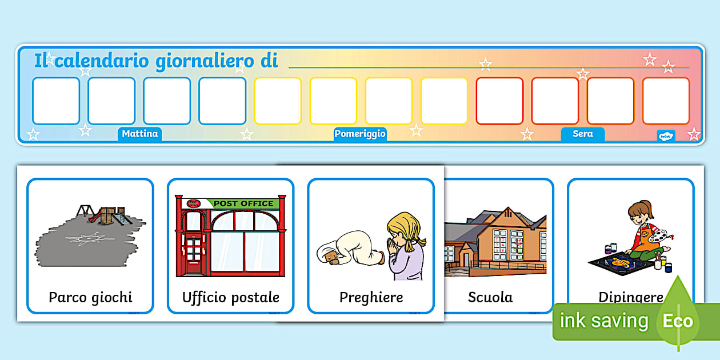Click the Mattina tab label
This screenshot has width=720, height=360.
pos(139,134)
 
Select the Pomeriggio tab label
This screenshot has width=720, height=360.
pos(360,134)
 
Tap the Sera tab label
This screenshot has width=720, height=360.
pos(582,134)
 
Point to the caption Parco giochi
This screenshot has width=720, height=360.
pos(90,297)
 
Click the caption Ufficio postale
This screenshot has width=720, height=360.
pos(230,297)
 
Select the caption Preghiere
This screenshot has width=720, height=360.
pos(371,297)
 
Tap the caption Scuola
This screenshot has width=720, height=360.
pos(490,297)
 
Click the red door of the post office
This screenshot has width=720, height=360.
pos(194,251)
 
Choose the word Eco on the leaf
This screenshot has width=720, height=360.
pos(678,321)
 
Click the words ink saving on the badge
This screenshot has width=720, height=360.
pos(603,321)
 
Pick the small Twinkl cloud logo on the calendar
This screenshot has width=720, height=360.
pos(666,135)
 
